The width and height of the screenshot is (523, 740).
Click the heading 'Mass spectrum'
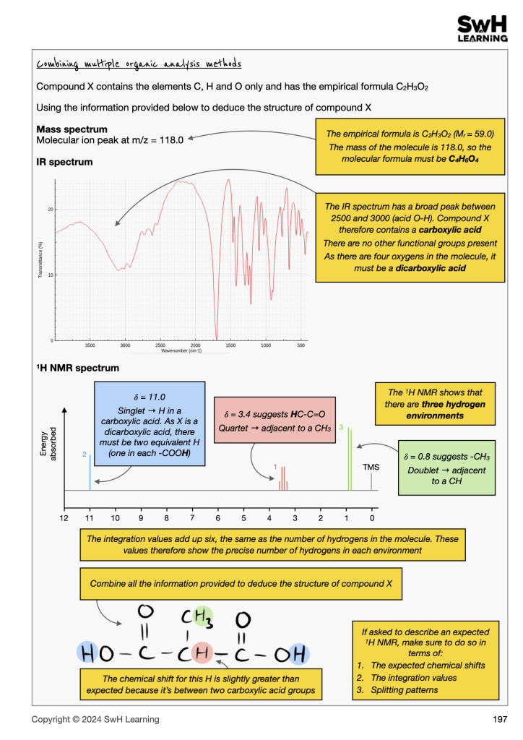[72, 129]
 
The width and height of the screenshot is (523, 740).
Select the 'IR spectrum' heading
[64, 162]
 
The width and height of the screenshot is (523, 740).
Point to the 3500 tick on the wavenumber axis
[90, 346]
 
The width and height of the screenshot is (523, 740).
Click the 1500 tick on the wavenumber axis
[230, 346]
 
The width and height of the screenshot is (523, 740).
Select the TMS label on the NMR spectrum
[371, 467]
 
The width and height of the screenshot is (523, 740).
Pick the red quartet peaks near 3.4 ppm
[282, 478]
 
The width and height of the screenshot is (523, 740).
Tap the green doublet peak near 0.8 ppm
[350, 459]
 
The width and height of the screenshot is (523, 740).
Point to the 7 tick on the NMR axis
[192, 517]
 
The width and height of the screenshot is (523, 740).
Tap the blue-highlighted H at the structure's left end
[87, 655]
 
